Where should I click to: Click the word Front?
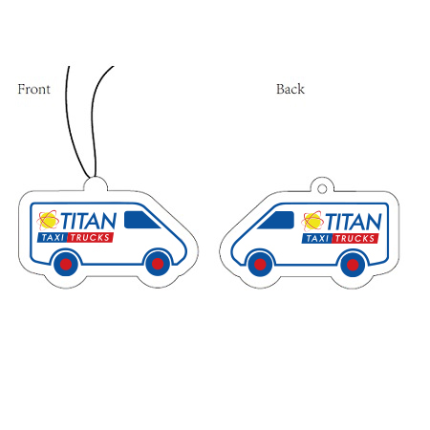[33, 89]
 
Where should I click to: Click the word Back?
[290, 89]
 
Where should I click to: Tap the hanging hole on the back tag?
[322, 189]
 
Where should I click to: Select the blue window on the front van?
[141, 220]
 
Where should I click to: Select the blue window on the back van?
[277, 220]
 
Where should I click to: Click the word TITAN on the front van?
[88, 221]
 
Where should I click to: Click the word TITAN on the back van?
[353, 222]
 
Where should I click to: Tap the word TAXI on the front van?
[53, 238]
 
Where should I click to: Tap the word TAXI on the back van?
[317, 239]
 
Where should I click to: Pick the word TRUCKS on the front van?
[90, 238]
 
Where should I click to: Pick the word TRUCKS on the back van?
[355, 239]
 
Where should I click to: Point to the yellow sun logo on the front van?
[48, 220]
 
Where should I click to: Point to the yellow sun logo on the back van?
[312, 221]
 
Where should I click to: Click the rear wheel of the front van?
[66, 264]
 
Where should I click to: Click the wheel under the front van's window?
[158, 264]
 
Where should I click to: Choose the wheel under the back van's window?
[260, 265]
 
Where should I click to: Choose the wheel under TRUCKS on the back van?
[353, 265]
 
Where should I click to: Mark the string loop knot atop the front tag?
[93, 176]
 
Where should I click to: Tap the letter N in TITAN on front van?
[109, 221]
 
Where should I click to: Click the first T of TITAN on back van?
[331, 222]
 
